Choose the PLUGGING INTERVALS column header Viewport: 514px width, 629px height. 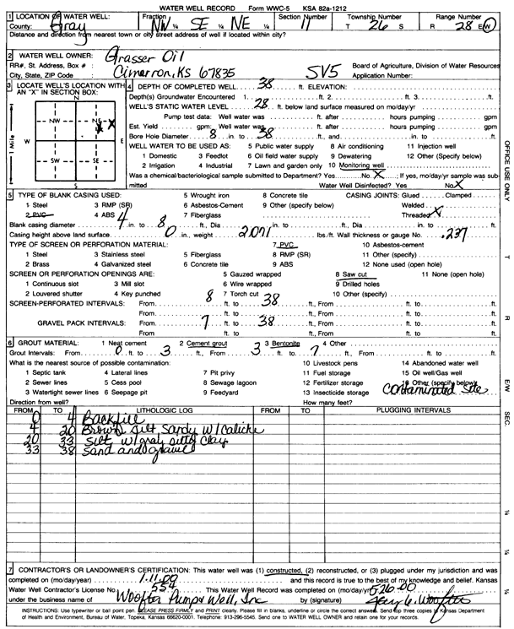tap(406, 409)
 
